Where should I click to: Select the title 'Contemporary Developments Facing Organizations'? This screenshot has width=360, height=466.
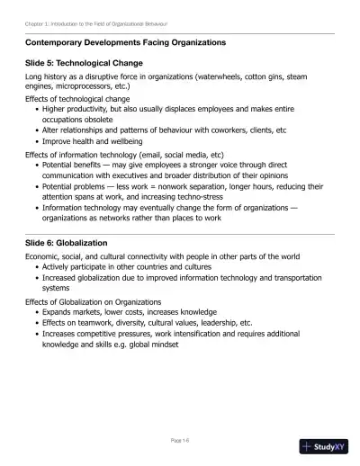click(125, 42)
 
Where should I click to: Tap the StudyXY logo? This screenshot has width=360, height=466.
click(323, 445)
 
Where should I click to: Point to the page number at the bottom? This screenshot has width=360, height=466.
click(179, 440)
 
